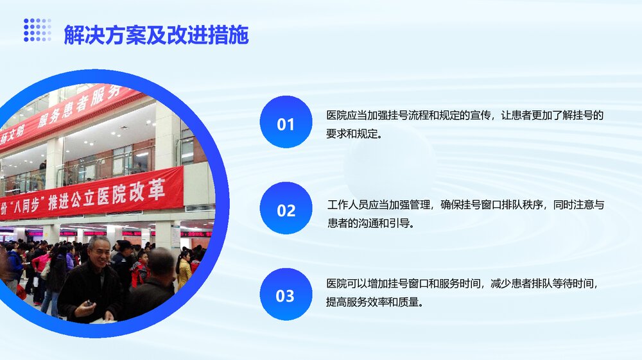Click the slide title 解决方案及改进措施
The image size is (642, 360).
[x=156, y=35]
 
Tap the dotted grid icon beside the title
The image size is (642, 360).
[x=37, y=30]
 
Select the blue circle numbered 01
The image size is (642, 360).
[x=286, y=123]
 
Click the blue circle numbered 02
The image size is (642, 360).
[x=286, y=209]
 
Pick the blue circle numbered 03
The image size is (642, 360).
[x=286, y=295]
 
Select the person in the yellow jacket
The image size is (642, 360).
[x=185, y=270]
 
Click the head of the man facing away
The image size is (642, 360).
[x=160, y=262]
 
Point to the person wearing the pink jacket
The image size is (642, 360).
[x=42, y=261]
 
